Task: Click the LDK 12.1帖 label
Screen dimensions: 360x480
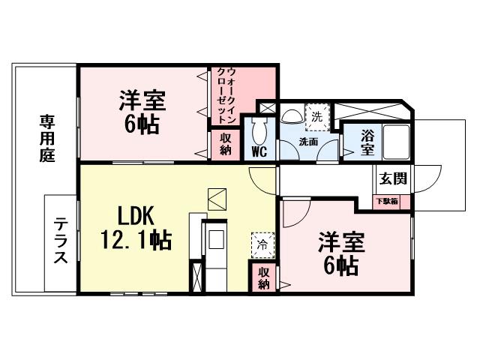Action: tap(136, 228)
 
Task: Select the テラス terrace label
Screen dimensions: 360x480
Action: tap(61, 243)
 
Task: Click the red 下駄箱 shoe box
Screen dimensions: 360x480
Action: tap(388, 201)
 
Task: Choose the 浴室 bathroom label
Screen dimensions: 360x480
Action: tap(367, 142)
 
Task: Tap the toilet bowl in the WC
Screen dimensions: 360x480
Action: tap(259, 132)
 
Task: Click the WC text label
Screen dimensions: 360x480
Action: tap(259, 152)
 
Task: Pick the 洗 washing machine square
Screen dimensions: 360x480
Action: tap(316, 116)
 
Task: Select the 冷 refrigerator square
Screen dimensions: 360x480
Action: tap(262, 243)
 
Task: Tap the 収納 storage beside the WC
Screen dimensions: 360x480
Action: tap(225, 144)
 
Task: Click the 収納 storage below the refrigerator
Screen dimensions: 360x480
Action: tap(264, 277)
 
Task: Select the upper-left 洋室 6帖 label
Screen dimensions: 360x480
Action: tap(142, 112)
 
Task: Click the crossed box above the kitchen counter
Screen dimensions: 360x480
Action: tap(217, 198)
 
